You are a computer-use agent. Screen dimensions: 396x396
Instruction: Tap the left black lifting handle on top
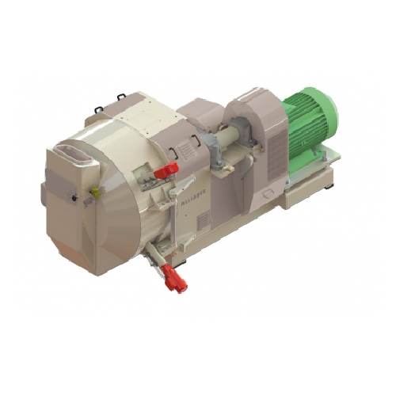click(x=98, y=109)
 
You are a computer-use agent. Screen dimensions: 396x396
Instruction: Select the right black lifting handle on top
click(x=121, y=97)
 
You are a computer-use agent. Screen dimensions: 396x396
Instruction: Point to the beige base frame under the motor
click(x=317, y=178)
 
